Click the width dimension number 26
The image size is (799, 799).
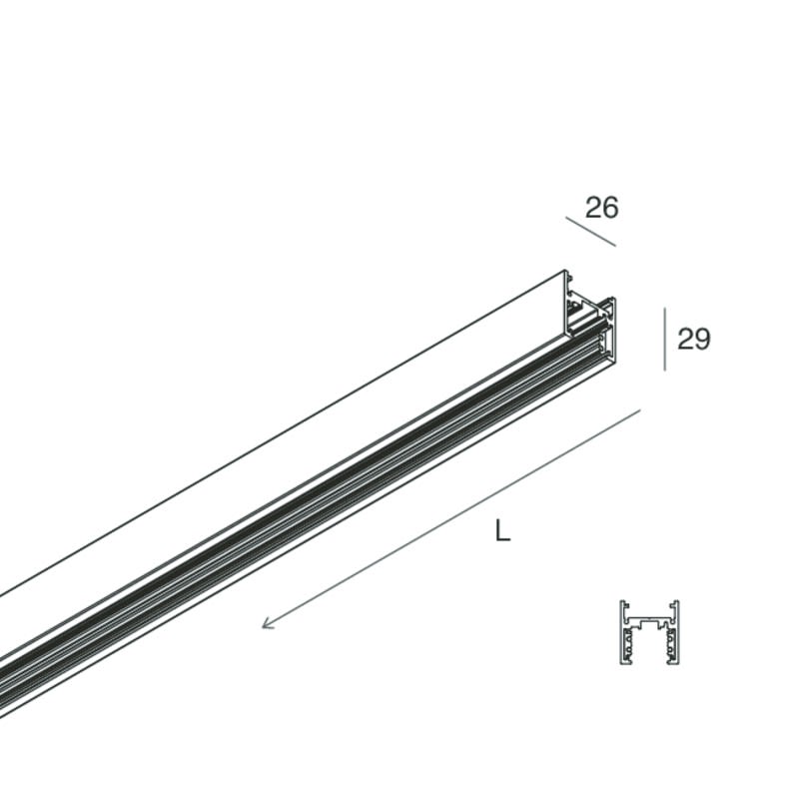[602, 208]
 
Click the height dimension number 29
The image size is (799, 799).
[693, 339]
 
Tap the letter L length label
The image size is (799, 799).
[502, 530]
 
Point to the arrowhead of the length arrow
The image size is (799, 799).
[266, 623]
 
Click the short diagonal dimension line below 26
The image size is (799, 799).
[590, 232]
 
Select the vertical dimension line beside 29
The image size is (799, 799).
[664, 339]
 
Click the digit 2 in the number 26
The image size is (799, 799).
[593, 208]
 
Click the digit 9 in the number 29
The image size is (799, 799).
[702, 339]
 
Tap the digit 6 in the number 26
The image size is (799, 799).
[610, 208]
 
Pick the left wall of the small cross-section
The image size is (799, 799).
[621, 632]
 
